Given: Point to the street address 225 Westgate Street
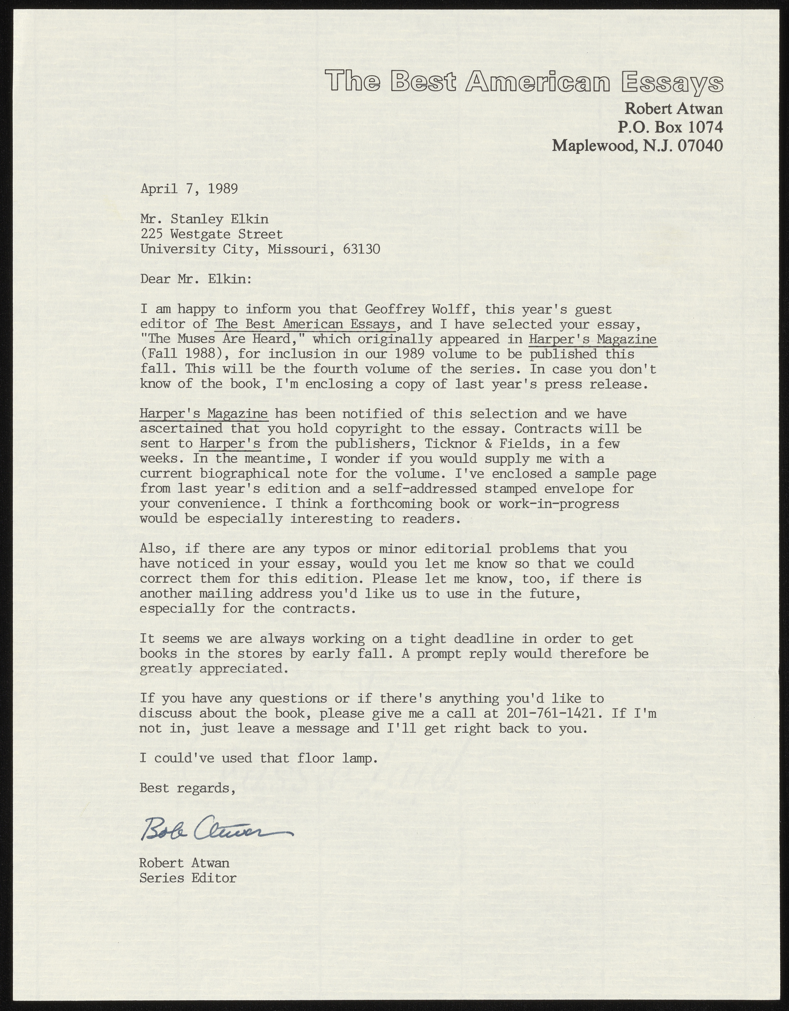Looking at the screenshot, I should [211, 234].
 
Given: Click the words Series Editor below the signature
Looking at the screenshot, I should [188, 878].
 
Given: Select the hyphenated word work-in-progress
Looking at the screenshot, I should [559, 504].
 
